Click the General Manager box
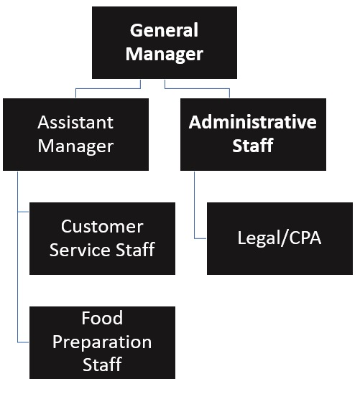point(165,42)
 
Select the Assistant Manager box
point(75,133)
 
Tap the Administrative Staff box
point(252,133)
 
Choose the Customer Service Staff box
point(102,238)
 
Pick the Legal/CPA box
point(280,238)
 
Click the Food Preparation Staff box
point(102,342)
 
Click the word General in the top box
point(165,31)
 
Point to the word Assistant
point(75,122)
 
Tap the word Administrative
point(252,122)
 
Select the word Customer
point(102,227)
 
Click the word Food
point(102,318)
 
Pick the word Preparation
point(102,341)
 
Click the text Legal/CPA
point(280,238)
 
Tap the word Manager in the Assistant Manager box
point(75,146)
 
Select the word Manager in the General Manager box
point(165,54)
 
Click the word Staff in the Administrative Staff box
point(252,146)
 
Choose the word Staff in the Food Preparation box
point(102,364)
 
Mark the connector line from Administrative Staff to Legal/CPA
point(194,208)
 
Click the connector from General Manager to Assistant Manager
point(108,88)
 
